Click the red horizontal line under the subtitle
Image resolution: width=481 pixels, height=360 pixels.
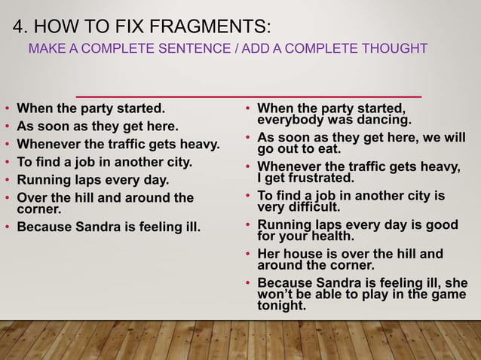coord(249,96)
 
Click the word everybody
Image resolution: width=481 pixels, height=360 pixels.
coord(288,120)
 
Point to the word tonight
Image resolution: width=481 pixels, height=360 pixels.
coord(282,306)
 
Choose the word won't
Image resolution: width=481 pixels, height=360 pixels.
coord(274,294)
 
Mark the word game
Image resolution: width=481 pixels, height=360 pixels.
coord(450,294)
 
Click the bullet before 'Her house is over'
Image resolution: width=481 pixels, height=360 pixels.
coord(248,255)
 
